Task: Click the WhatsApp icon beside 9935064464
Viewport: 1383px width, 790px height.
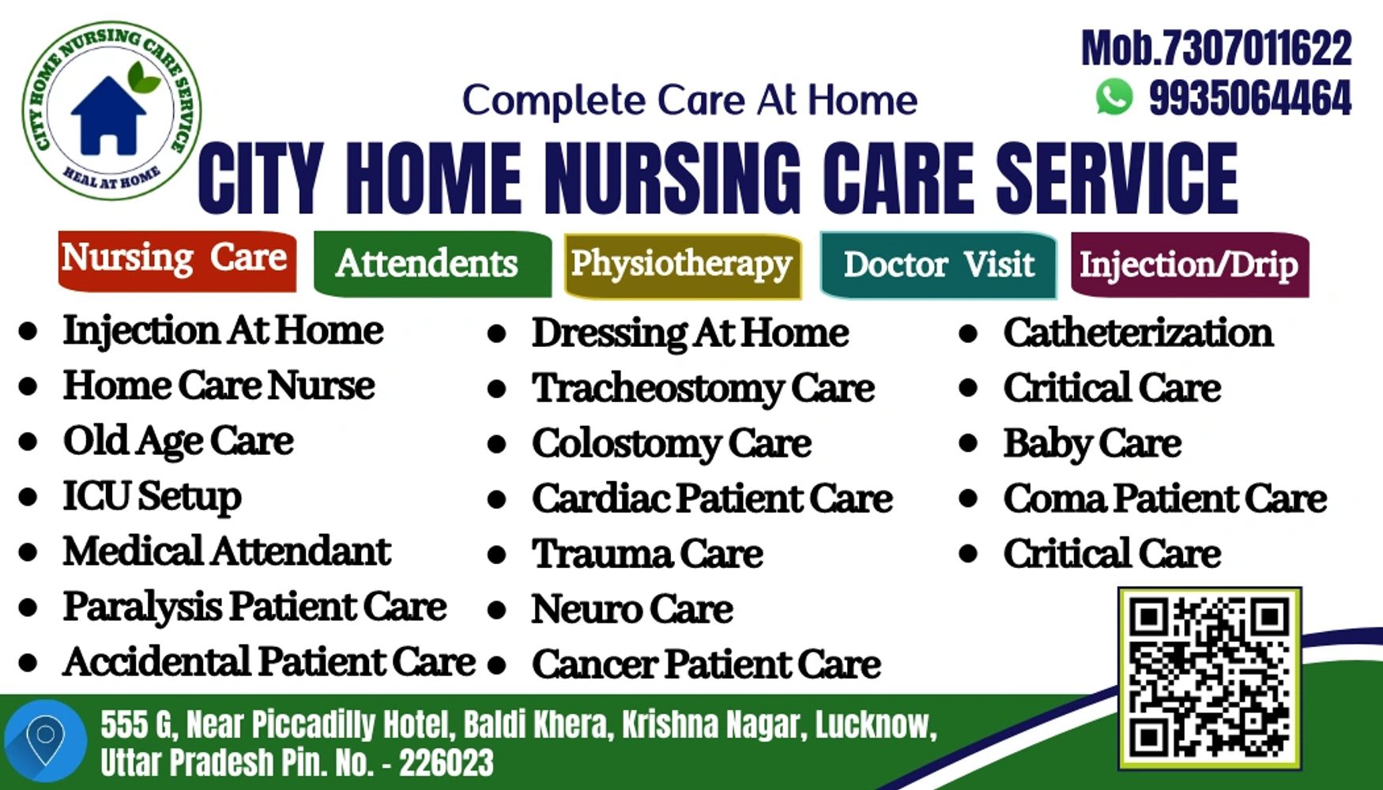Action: [1114, 97]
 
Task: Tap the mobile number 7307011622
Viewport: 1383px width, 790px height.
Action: [1253, 49]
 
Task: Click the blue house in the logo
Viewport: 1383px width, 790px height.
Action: [109, 114]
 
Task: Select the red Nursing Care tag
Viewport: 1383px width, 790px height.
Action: [177, 261]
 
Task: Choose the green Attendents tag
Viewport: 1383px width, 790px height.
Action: [432, 264]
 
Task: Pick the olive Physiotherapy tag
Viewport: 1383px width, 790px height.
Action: [683, 265]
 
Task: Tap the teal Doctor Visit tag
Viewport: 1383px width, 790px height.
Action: [938, 265]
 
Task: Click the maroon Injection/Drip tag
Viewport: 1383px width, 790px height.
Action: [1190, 265]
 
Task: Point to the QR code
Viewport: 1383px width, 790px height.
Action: [1209, 678]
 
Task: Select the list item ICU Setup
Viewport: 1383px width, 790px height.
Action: [153, 497]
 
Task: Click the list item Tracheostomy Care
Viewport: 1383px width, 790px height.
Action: [703, 389]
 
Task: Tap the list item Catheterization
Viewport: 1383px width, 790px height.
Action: [1138, 333]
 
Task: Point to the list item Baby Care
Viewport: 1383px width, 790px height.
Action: [1092, 443]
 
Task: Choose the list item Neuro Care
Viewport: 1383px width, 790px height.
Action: [632, 609]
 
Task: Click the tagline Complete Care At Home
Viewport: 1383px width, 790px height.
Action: [690, 100]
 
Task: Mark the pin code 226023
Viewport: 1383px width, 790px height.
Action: [447, 763]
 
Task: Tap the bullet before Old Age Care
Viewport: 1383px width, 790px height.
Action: [28, 442]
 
